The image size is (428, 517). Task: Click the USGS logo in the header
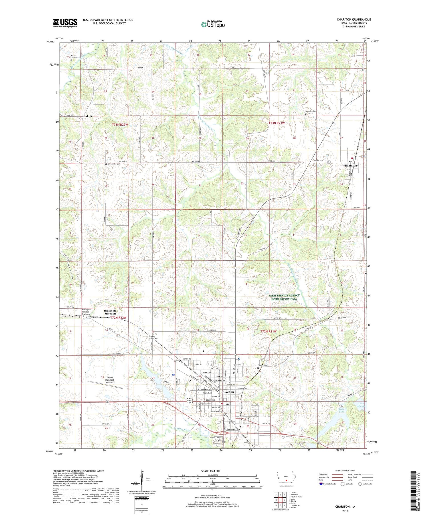[x=65, y=23]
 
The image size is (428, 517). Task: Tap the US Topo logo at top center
[x=213, y=25]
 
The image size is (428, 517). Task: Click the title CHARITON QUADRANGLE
[x=354, y=20]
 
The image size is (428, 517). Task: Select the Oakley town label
[x=88, y=116]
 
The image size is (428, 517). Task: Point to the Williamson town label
[x=350, y=165]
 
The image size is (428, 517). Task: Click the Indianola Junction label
[x=110, y=312]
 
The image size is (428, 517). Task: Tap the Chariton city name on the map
[x=228, y=392]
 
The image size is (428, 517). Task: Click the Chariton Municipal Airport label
[x=110, y=380]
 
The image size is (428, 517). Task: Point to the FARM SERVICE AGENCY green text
[x=284, y=295]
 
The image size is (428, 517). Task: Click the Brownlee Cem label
[x=311, y=111]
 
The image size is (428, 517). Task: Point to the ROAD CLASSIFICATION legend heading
[x=345, y=471]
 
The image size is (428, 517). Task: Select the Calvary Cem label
[x=263, y=365]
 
